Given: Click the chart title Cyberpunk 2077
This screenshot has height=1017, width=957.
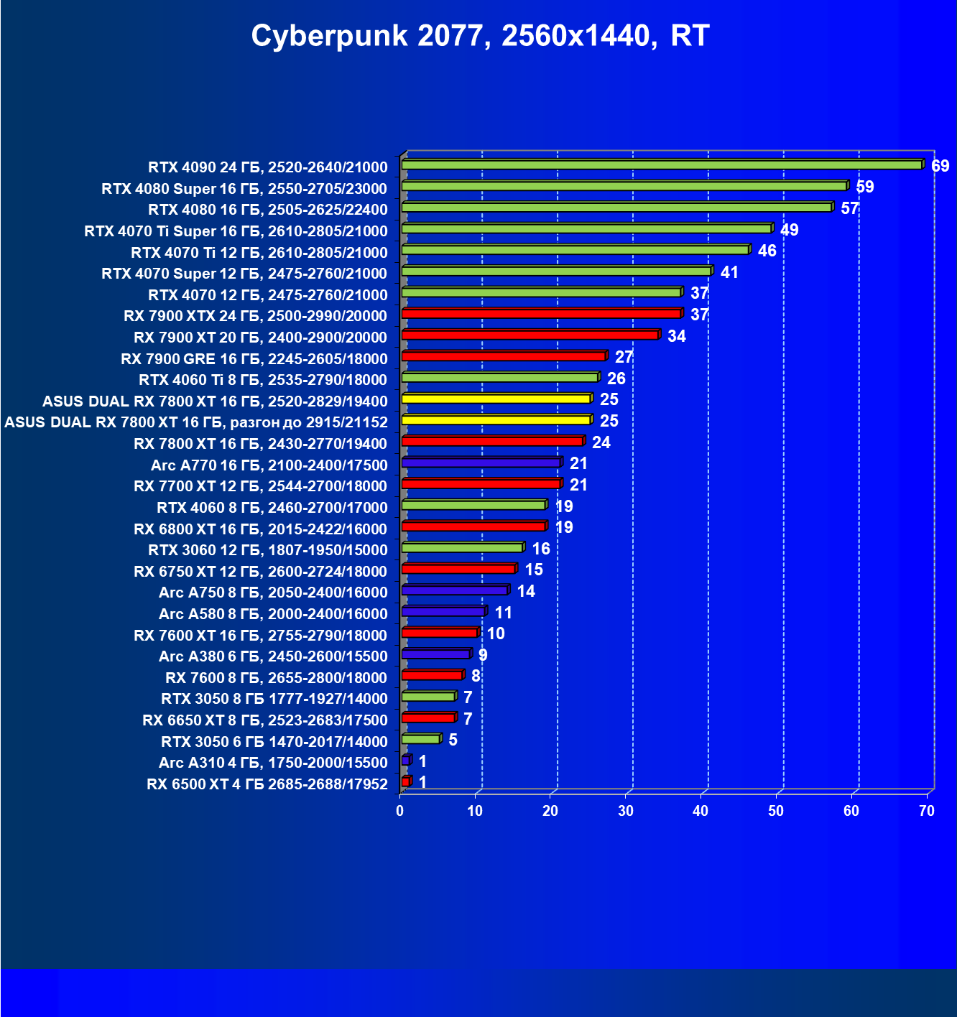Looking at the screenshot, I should [480, 36].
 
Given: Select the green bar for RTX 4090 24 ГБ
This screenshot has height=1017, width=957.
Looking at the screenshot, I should [661, 165].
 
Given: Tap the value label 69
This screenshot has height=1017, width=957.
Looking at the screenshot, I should [940, 166].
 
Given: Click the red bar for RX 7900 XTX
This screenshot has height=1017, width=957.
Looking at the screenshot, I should [540, 314].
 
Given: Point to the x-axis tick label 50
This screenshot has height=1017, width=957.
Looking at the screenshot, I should [776, 811].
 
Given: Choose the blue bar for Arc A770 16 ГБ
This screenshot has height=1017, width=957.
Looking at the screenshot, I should [481, 463].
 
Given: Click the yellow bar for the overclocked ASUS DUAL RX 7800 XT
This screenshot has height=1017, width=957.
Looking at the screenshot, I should [496, 420].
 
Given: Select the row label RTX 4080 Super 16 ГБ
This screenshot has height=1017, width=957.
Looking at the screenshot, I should [244, 189].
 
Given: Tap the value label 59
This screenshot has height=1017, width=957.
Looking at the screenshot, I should [864, 187].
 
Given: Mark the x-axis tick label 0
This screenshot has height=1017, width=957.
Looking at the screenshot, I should [400, 811].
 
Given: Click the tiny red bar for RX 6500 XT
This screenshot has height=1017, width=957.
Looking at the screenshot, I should [406, 781].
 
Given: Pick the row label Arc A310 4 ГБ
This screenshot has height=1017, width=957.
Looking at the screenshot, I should [273, 763].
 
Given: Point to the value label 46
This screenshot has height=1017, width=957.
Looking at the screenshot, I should [767, 251].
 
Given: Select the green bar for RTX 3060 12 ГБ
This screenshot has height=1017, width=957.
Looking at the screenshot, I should [462, 548].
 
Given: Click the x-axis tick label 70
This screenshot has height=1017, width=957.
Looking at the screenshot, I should [927, 811].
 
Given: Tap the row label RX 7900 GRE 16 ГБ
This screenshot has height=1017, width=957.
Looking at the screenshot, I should [254, 359].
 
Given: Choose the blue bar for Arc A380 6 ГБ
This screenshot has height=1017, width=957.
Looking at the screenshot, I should [435, 654].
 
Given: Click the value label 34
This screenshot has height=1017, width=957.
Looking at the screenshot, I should [676, 336].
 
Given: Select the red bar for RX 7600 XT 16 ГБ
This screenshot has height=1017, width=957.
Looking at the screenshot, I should [439, 633].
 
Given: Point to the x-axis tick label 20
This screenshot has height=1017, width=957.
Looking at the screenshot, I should [550, 811].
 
